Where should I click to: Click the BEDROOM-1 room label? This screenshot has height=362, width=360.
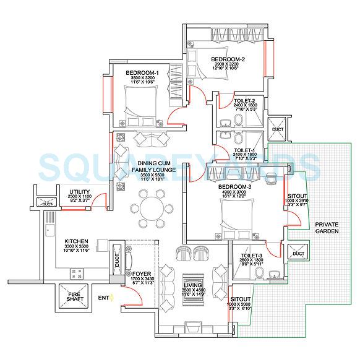point(142,72)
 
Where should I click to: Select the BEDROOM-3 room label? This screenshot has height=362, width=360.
point(234,186)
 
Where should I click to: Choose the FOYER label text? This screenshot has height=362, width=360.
point(142,273)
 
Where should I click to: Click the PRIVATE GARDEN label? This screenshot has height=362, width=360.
point(328,227)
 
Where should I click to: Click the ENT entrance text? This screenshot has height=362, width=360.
point(103,298)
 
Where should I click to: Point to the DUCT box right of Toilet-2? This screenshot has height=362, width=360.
point(278,129)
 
